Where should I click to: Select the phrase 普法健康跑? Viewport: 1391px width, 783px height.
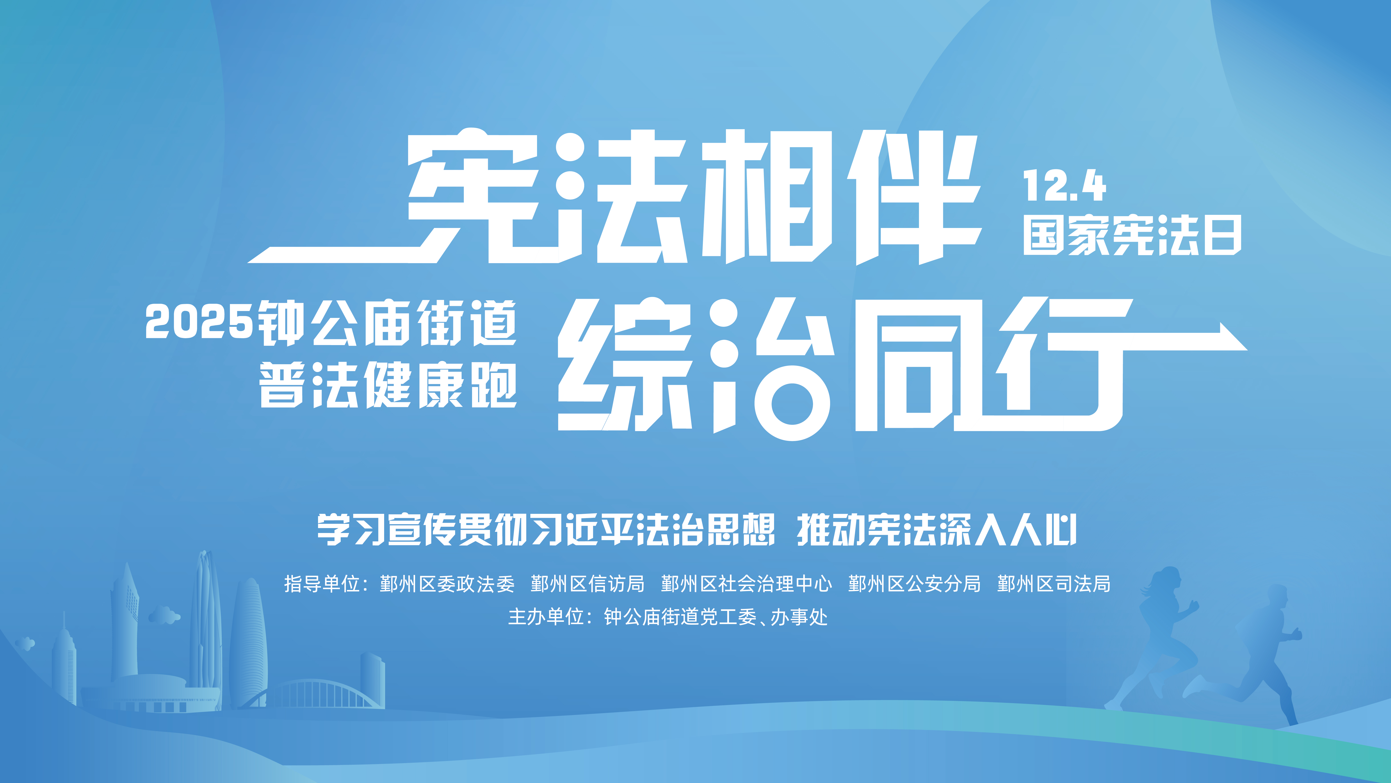[388, 384]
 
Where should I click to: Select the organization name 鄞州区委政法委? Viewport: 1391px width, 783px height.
[447, 584]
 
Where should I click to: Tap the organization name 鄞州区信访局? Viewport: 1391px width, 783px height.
[588, 584]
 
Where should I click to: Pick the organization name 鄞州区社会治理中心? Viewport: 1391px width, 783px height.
[746, 584]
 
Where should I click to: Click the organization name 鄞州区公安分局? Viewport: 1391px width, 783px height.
[914, 584]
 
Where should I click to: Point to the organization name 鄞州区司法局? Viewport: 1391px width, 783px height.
[1054, 584]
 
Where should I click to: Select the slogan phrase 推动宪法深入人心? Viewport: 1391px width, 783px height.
[937, 530]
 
